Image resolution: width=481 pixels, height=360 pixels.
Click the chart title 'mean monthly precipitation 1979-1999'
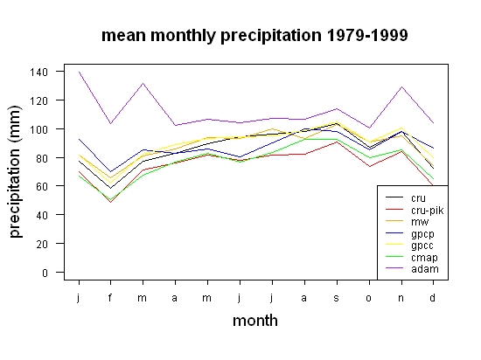(x=254, y=36)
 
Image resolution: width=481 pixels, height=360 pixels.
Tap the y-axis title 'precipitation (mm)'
(x=15, y=171)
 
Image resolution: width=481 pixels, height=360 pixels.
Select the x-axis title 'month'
(x=255, y=321)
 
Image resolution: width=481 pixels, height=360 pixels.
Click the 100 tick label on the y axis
(x=39, y=129)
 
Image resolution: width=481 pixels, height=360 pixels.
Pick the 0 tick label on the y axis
(x=45, y=273)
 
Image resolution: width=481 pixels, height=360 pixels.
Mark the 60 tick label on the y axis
(x=42, y=187)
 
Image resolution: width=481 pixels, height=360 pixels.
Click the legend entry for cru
(x=406, y=198)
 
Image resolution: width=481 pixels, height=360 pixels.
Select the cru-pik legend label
(x=428, y=211)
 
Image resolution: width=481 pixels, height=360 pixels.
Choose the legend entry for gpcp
(x=410, y=233)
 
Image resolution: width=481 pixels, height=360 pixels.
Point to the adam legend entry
(x=412, y=269)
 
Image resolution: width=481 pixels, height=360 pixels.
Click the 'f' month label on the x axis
(x=110, y=297)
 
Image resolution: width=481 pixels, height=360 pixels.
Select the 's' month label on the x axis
(x=337, y=298)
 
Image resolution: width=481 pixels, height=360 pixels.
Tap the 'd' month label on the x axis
(x=433, y=297)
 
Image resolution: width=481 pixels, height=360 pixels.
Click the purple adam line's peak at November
(x=401, y=87)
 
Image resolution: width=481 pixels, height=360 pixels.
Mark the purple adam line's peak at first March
(x=143, y=83)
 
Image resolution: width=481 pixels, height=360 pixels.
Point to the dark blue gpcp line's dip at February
(x=110, y=172)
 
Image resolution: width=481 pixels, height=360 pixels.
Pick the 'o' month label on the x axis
(x=369, y=298)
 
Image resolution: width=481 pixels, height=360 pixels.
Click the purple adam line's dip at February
(x=110, y=123)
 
